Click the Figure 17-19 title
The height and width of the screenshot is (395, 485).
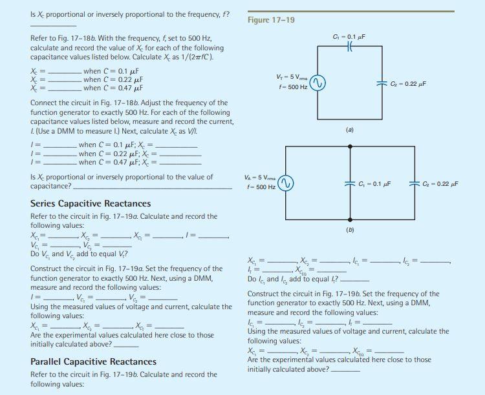coord(272,20)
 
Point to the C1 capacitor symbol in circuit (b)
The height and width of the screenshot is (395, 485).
coord(350,183)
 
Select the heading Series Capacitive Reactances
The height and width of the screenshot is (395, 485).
coord(91,203)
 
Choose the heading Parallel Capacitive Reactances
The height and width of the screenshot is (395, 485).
coord(94,361)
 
